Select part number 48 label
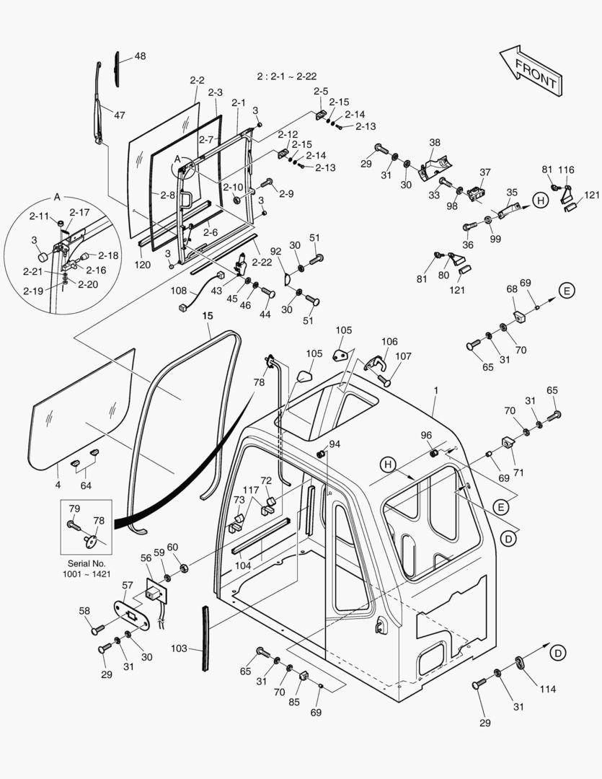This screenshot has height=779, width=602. pos(139,56)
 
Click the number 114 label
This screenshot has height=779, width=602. pos(548,689)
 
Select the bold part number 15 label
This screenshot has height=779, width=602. pos(208,315)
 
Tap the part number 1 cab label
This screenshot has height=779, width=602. pos(435,390)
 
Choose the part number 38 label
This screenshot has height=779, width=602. pos(435,142)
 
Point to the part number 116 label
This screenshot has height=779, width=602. pos(566,170)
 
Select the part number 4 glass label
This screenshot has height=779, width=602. pos(58,485)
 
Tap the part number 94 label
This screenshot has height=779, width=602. pos(335,444)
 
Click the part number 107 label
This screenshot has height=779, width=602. pos(404,356)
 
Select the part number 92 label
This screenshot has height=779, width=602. pos(275,251)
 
